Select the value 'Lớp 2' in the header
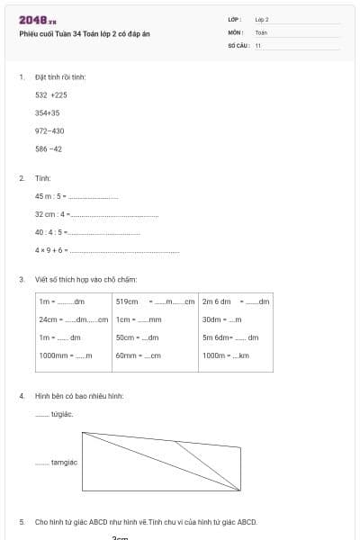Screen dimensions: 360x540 coord(262,19)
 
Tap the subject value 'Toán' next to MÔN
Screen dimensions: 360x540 coord(261,31)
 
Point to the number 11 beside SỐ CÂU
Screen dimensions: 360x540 coord(258,44)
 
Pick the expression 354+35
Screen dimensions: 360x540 coord(48,112)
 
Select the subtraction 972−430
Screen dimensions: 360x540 coord(49,130)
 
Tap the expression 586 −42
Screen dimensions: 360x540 coord(49,148)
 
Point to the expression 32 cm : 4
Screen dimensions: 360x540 coord(52,213)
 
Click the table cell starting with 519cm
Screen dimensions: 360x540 coord(155,301)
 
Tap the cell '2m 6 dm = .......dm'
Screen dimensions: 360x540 coord(235,301)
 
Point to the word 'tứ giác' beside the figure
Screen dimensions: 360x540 coord(63,414)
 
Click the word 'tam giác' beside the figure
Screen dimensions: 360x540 coord(65,462)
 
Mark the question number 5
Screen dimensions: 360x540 coord(22,521)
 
